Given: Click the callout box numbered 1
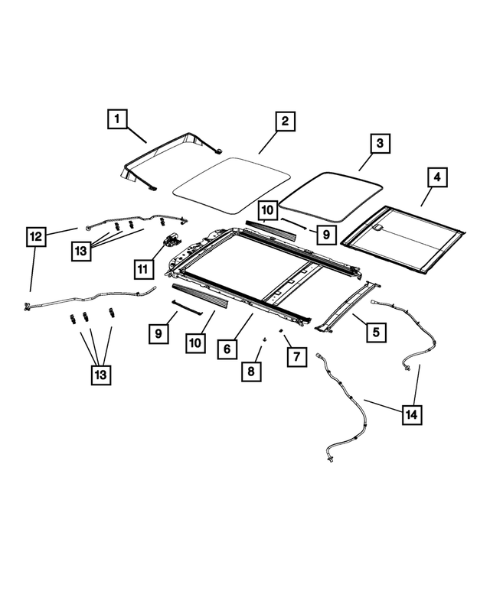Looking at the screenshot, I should (x=117, y=119).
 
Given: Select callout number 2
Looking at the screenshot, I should (x=283, y=122).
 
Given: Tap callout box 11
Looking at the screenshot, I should (x=142, y=268).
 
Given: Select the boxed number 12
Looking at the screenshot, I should (x=36, y=236).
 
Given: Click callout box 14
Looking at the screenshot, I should (x=411, y=414).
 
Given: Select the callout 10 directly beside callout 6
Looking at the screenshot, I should (x=195, y=342).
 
